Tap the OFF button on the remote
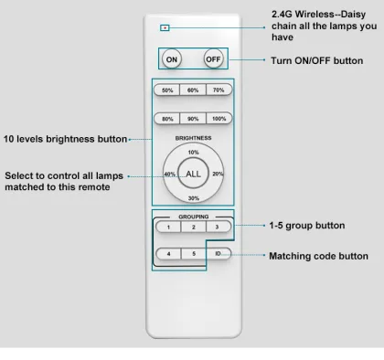[x=213, y=59]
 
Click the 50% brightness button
[x=167, y=90]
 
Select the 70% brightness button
[x=219, y=90]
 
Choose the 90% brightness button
[x=193, y=119]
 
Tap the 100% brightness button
[x=219, y=119]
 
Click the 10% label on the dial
[x=193, y=153]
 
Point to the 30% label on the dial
[x=194, y=198]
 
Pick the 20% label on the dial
[x=218, y=174]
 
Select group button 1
[x=168, y=227]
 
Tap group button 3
[x=219, y=227]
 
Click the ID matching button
[x=219, y=253]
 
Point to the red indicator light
[x=165, y=28]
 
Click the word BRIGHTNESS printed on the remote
[x=193, y=138]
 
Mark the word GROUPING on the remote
[x=194, y=217]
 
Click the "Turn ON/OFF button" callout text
[x=317, y=60]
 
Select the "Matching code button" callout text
[x=318, y=256]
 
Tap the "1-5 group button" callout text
[x=307, y=226]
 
